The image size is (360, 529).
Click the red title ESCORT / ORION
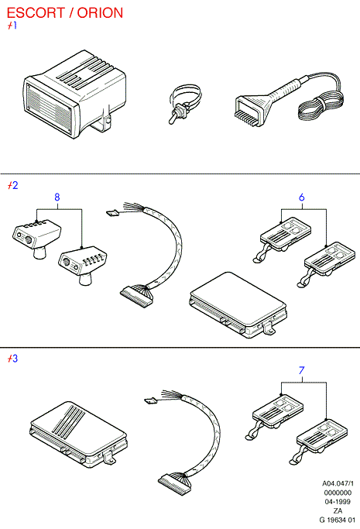tap(65, 13)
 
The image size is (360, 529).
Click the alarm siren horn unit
tap(75, 94)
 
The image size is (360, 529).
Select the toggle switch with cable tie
tap(184, 105)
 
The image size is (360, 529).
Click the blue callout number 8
tap(57, 197)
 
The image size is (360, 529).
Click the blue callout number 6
tap(302, 197)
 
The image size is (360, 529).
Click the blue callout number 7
tap(302, 370)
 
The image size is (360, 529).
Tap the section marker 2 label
tap(13, 185)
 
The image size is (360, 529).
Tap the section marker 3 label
tap(13, 359)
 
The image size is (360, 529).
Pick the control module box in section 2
tap(238, 305)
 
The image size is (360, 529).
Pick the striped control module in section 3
tap(78, 435)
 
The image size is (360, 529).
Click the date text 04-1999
tap(338, 502)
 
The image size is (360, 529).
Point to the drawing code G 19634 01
tap(337, 520)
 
